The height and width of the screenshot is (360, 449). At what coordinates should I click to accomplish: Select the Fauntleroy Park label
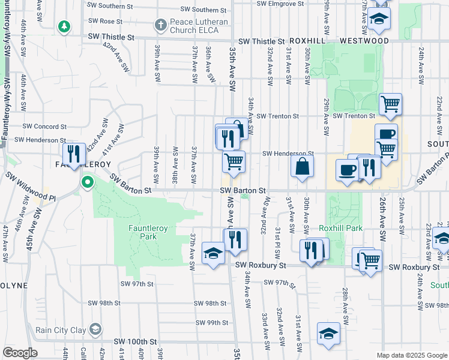(143, 232)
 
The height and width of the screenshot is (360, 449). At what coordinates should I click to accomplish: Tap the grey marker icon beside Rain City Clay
(95, 329)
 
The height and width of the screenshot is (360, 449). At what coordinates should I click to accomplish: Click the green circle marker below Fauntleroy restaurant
(88, 181)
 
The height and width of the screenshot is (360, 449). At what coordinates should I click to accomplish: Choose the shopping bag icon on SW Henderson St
(303, 166)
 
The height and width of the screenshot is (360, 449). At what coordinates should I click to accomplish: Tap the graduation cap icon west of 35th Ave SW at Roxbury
(213, 253)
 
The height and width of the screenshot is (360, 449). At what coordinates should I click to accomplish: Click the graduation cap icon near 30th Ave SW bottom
(328, 334)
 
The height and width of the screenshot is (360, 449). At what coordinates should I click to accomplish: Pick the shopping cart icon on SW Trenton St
(390, 104)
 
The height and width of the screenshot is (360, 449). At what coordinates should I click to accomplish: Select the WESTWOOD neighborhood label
(364, 41)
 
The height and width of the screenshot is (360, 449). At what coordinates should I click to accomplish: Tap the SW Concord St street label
(44, 127)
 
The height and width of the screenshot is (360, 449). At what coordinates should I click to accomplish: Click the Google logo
(20, 353)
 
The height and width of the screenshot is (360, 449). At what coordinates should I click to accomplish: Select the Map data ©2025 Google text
(411, 355)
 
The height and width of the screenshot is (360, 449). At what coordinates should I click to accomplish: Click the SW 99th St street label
(213, 322)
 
